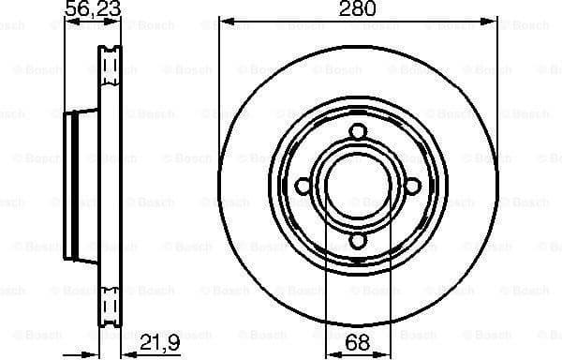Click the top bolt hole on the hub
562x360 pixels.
(x=358, y=132)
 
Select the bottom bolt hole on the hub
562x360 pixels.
(x=358, y=241)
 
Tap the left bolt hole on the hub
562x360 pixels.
(x=303, y=187)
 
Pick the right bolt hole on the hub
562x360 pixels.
(x=412, y=187)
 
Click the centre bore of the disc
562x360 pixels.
(x=358, y=187)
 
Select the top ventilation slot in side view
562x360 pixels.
(x=110, y=66)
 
